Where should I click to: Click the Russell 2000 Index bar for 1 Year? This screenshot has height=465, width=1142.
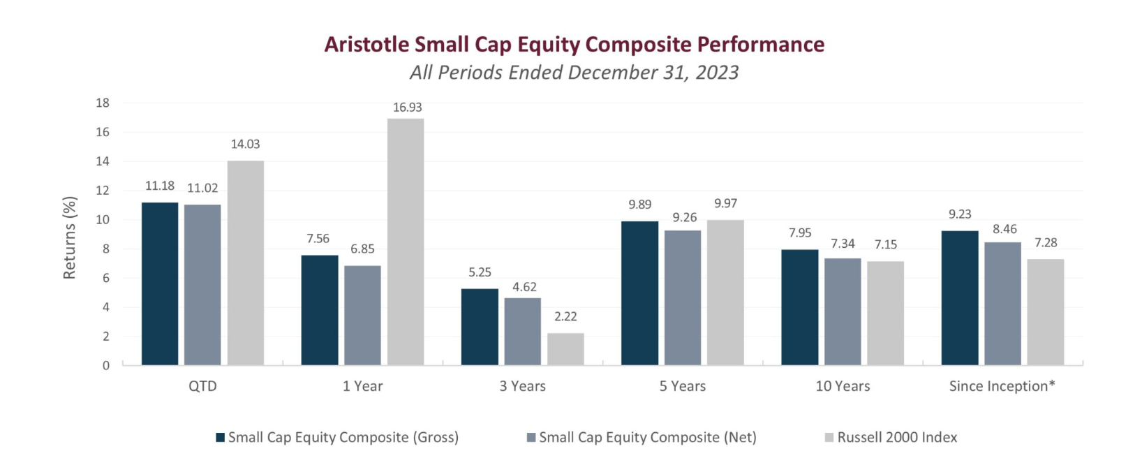[x=406, y=242]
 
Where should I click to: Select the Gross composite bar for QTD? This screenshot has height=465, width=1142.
[x=160, y=283]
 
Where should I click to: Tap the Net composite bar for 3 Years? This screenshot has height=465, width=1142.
[x=523, y=332]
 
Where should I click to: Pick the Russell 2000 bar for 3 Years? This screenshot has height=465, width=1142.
[x=565, y=349]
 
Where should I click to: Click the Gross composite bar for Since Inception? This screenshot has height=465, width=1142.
[x=960, y=297]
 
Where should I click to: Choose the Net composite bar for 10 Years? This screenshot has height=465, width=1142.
[x=843, y=311]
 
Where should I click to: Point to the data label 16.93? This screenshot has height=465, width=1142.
[x=408, y=107]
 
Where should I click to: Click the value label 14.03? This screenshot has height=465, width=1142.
[x=245, y=145]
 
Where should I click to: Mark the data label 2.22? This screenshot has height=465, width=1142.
[x=565, y=316]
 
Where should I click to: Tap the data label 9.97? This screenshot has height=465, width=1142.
[x=725, y=203]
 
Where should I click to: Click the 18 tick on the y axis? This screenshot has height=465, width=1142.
[x=103, y=103]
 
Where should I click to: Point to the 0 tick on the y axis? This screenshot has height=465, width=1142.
[x=106, y=366]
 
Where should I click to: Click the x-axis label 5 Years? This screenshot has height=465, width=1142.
[x=683, y=386]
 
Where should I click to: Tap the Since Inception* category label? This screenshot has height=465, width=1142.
[x=1002, y=386]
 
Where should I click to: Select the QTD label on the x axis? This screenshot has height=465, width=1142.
[x=203, y=386]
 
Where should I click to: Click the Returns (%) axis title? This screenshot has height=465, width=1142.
[x=69, y=237]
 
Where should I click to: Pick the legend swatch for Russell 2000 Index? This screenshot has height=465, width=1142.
[x=829, y=438]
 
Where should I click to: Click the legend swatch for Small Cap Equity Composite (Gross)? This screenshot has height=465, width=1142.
[x=221, y=438]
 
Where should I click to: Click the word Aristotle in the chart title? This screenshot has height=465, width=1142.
[x=366, y=45]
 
